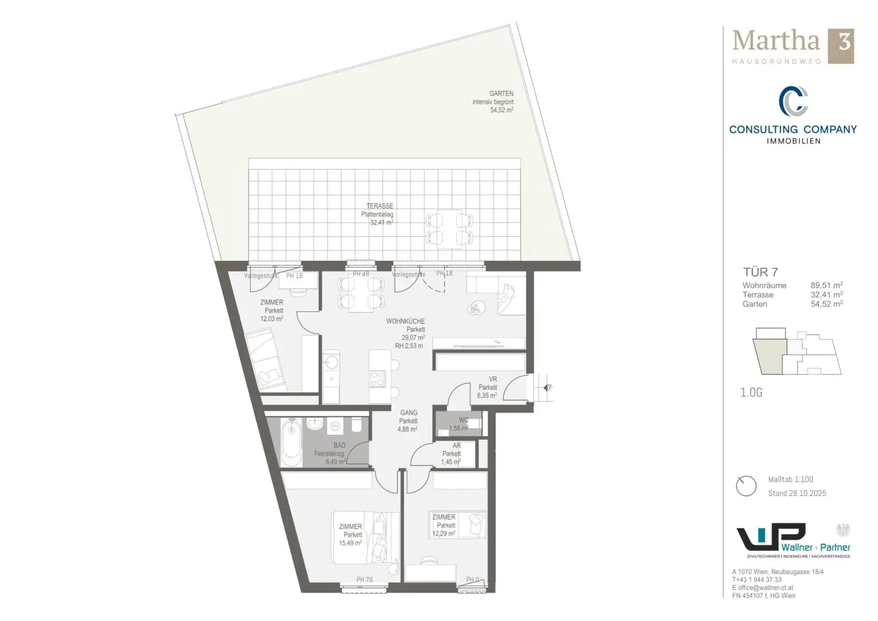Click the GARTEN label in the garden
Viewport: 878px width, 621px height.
(x=501, y=93)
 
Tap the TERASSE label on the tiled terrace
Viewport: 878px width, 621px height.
(x=380, y=206)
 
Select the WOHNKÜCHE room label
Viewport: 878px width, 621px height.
(x=405, y=321)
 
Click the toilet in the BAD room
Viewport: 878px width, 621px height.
(x=356, y=426)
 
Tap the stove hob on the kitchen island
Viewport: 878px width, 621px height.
(x=378, y=379)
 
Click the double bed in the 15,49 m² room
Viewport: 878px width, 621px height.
(x=366, y=537)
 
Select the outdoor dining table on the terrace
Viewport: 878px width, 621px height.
(x=449, y=229)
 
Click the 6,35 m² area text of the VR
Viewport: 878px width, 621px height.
(x=488, y=395)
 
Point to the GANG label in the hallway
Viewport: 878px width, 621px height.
(x=409, y=413)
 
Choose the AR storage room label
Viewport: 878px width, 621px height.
(x=456, y=445)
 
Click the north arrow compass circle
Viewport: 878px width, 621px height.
(x=746, y=486)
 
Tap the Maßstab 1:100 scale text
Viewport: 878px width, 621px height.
(x=791, y=479)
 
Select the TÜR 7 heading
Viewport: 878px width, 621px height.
(x=760, y=272)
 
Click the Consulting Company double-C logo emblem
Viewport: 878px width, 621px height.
(x=793, y=101)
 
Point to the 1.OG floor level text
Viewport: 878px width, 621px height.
(x=751, y=392)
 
